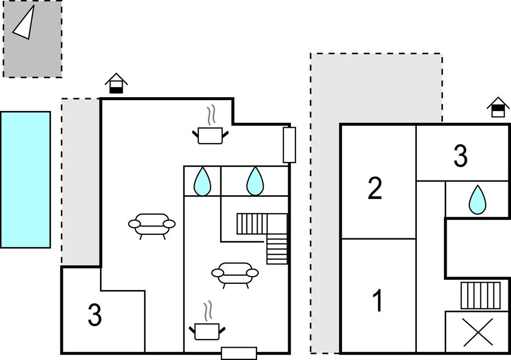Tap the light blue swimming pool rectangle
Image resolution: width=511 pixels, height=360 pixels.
point(26,179)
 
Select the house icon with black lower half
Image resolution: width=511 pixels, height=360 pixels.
point(116,83)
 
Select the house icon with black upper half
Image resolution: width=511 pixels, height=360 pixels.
point(498,107)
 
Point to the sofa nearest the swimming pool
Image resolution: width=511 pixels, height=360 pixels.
point(152,226)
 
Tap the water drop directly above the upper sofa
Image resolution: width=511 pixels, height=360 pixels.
point(202,182)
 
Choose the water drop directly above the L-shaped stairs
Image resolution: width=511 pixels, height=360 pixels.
point(255,182)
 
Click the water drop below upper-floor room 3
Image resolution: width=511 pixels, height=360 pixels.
point(477,199)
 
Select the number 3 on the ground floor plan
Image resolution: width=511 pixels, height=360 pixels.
point(95,315)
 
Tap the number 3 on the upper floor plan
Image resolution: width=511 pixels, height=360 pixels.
point(460,156)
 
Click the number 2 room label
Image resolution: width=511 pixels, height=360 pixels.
point(375,188)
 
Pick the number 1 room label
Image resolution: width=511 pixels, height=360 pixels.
point(378,301)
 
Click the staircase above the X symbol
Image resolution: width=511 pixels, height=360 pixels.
point(481,296)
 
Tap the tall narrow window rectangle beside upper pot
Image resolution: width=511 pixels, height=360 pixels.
point(289,145)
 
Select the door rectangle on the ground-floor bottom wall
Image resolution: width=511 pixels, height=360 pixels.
point(239,353)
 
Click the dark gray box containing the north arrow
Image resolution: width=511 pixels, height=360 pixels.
point(33,39)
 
